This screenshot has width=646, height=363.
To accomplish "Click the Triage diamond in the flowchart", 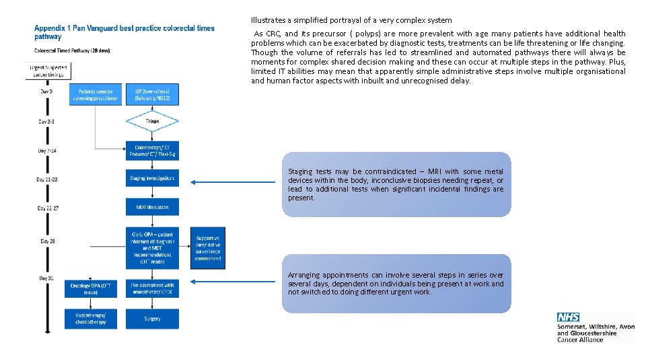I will (152, 121).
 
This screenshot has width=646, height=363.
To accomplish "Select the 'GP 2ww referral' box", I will (152, 95).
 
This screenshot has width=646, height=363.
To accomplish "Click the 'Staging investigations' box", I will (152, 178).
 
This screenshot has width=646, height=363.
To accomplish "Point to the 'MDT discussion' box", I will (152, 207).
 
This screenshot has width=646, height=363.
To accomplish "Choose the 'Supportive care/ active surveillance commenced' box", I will (208, 248).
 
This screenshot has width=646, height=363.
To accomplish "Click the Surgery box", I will (152, 319).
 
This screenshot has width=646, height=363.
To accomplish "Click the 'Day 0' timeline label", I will (46, 91).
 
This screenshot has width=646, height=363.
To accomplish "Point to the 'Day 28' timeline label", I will (47, 241).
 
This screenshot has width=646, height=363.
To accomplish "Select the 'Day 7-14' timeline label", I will (47, 151).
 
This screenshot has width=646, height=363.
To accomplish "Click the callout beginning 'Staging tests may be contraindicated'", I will (396, 184).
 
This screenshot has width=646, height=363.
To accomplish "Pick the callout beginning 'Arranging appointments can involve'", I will (396, 283).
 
